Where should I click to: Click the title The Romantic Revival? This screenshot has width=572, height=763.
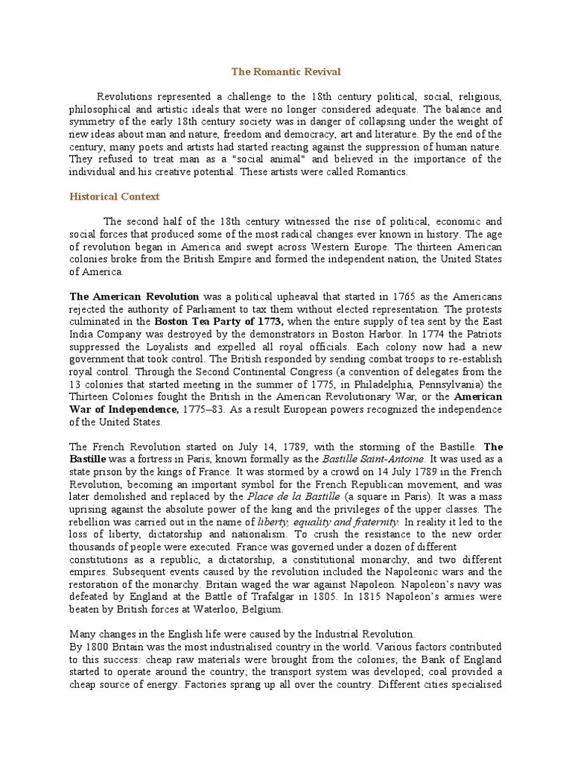[285, 72]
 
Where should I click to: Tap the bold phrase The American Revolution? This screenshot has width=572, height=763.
[134, 296]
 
